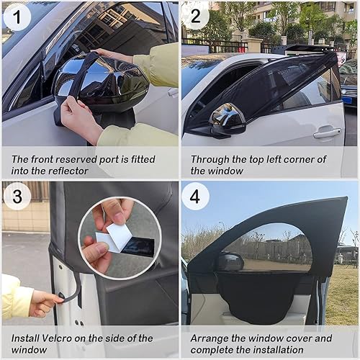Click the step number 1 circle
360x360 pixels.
(x=17, y=17)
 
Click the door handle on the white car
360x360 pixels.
(x=326, y=133)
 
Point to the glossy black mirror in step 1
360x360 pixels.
(x=94, y=83)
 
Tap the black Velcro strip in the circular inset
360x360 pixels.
(x=137, y=246)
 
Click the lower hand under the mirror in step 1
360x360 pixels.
(x=79, y=119)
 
